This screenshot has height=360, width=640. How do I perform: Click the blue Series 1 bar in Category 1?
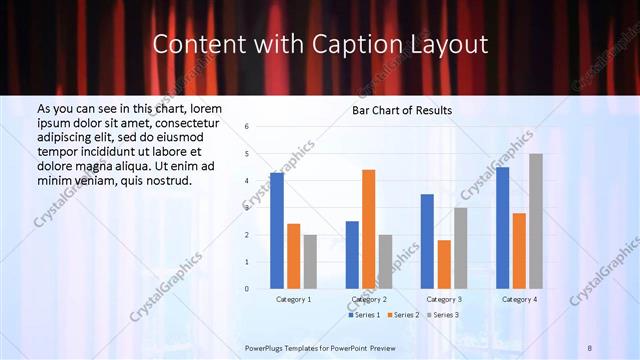click(277, 231)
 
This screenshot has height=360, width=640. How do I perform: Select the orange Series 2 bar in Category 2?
click(368, 229)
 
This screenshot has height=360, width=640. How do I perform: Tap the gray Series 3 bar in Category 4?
click(536, 221)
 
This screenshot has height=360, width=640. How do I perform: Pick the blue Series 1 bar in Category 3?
click(427, 241)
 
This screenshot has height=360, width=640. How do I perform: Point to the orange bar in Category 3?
click(444, 264)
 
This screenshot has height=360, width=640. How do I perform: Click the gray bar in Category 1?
click(310, 261)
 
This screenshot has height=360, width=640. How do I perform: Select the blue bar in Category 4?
click(502, 228)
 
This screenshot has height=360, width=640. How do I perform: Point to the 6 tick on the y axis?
click(246, 127)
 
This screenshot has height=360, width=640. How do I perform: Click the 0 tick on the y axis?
click(246, 288)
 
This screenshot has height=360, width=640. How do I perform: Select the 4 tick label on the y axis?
click(246, 181)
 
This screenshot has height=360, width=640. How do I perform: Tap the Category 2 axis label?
click(369, 299)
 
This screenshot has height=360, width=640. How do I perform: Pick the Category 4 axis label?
click(519, 299)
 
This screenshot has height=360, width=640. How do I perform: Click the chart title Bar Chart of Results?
click(402, 110)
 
